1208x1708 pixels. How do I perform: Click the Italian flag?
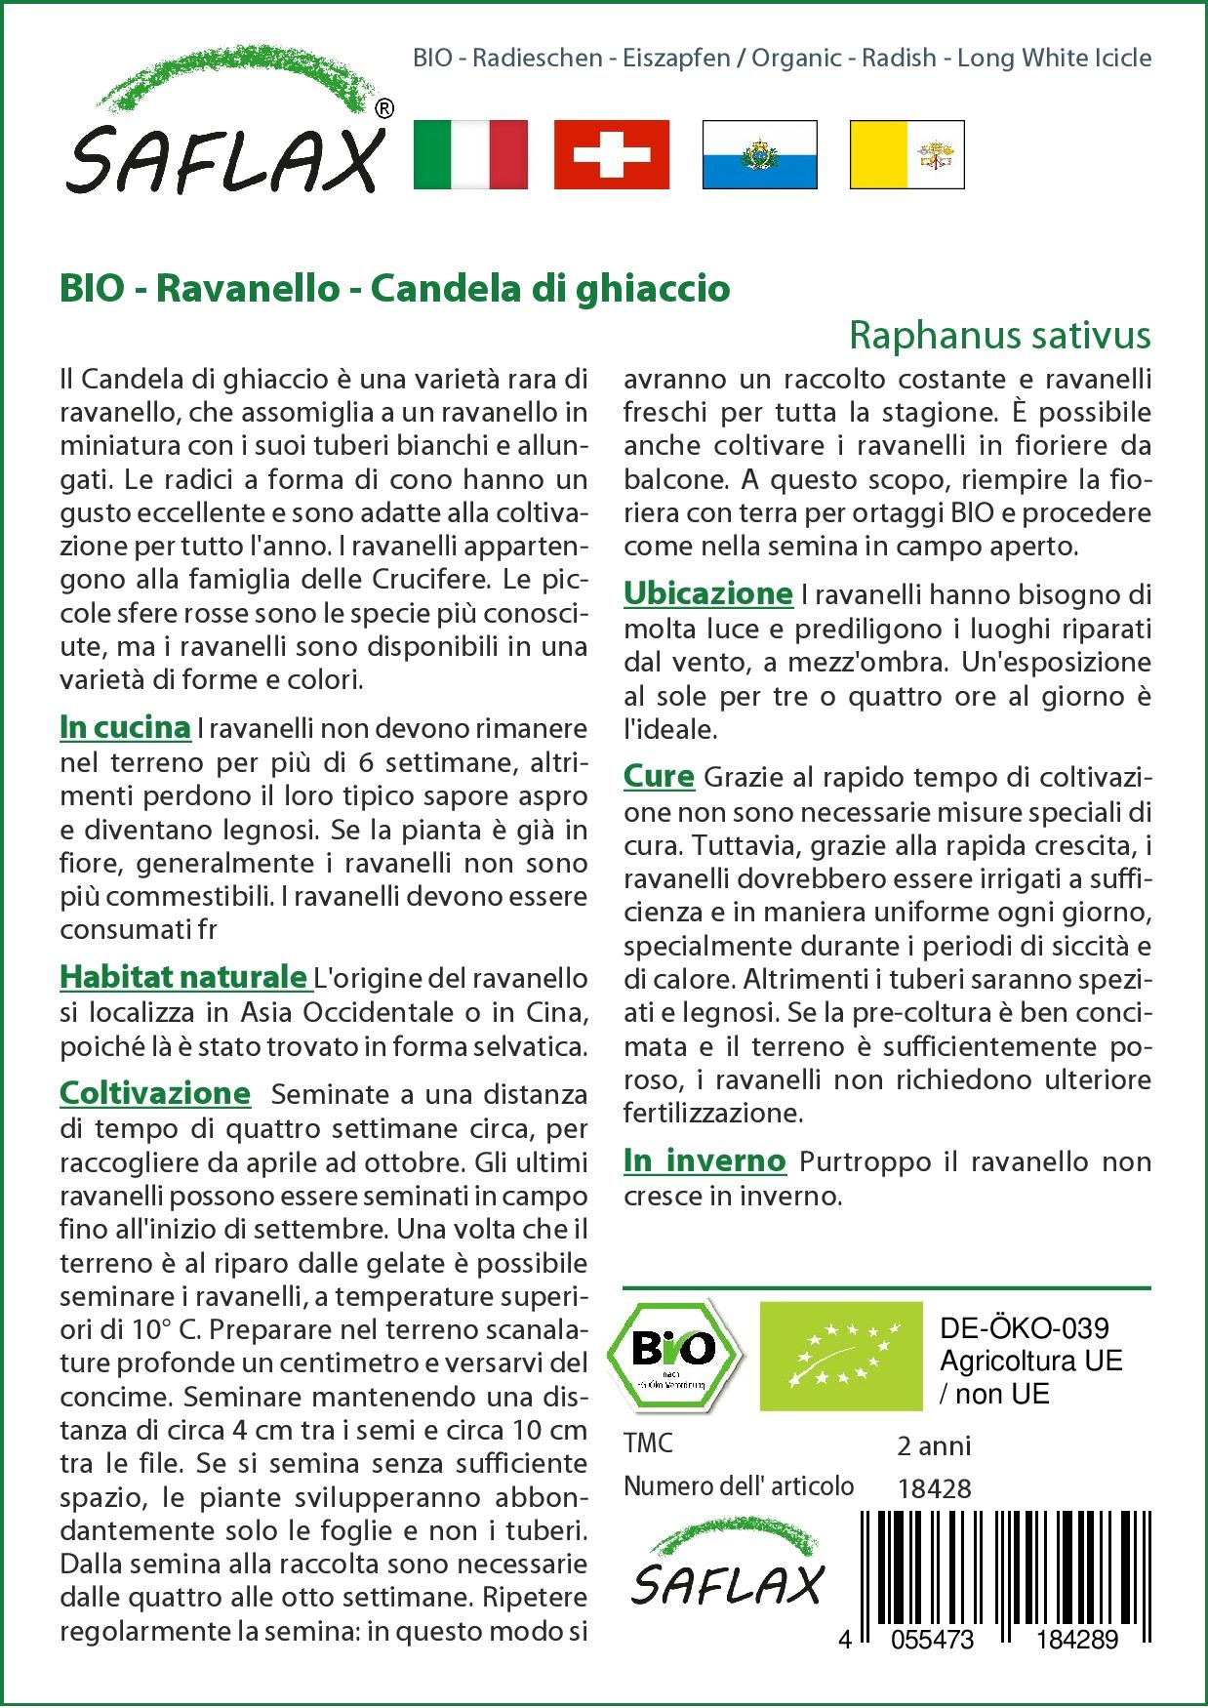pyautogui.click(x=470, y=154)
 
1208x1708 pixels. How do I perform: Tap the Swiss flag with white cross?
pyautogui.click(x=611, y=154)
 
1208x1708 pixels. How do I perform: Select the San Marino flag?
pyautogui.click(x=759, y=154)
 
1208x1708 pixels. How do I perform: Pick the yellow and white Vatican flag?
pyautogui.click(x=906, y=154)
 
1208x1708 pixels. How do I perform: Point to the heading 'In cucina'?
pyautogui.click(x=125, y=727)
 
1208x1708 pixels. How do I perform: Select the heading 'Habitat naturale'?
pyautogui.click(x=183, y=977)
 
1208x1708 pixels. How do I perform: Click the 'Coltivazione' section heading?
pyautogui.click(x=155, y=1093)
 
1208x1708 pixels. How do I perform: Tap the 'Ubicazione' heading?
pyautogui.click(x=708, y=593)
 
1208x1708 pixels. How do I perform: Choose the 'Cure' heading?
pyautogui.click(x=659, y=777)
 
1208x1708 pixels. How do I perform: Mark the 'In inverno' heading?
pyautogui.click(x=705, y=1160)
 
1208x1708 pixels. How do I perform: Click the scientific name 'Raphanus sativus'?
pyautogui.click(x=1000, y=335)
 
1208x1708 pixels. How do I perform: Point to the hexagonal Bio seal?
pyautogui.click(x=674, y=1353)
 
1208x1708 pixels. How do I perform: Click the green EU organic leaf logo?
pyautogui.click(x=841, y=1355)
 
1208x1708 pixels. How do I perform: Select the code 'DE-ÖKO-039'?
pyautogui.click(x=1025, y=1328)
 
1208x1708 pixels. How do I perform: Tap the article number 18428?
pyautogui.click(x=934, y=1487)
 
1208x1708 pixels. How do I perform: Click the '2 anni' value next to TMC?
pyautogui.click(x=934, y=1445)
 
